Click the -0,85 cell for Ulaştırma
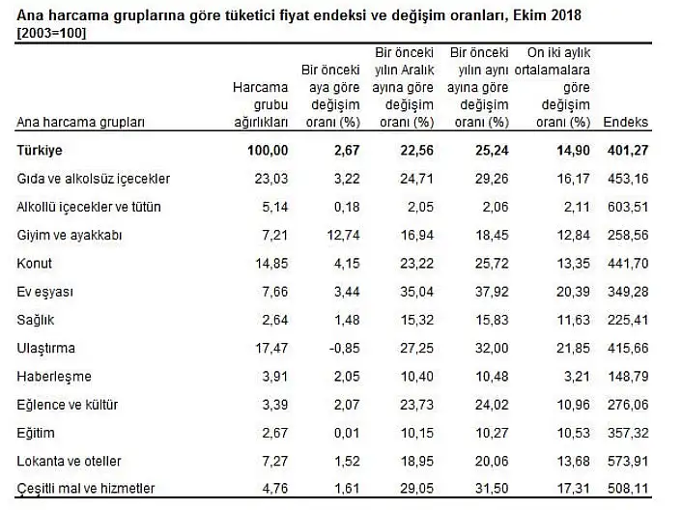pos(345,348)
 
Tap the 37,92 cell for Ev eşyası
pos(488,292)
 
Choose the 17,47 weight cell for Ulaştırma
pos(270,348)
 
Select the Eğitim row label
pos(35,432)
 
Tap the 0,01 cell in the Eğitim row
pos(348,432)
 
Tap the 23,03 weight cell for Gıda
pos(270,179)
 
